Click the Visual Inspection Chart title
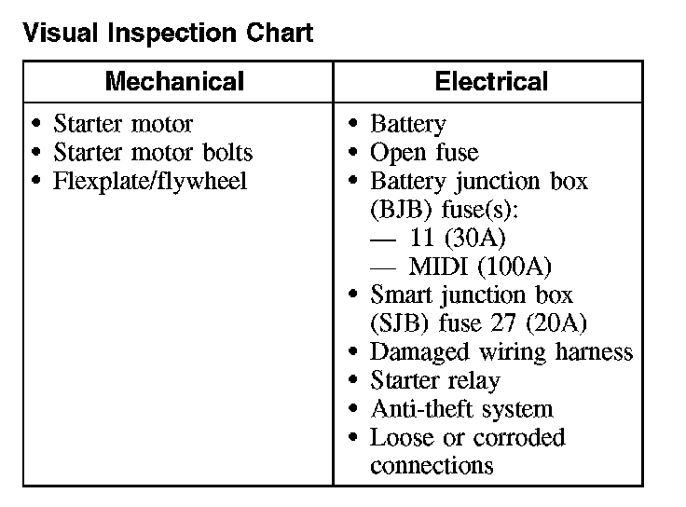(x=168, y=33)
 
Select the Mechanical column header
(x=174, y=81)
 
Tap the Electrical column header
(x=491, y=81)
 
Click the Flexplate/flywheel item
(x=150, y=182)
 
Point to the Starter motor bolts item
(x=153, y=152)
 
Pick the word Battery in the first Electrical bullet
(x=408, y=124)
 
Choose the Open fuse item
(x=424, y=153)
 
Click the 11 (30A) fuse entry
(x=458, y=238)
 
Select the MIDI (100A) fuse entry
(x=480, y=267)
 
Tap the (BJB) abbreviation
(x=401, y=210)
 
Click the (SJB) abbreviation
(x=399, y=323)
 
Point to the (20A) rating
(x=556, y=323)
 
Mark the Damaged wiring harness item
(x=501, y=352)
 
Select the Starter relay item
(x=435, y=380)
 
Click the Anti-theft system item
(x=462, y=409)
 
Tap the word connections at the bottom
(x=432, y=465)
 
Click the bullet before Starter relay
(x=353, y=379)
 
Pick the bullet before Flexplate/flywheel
(x=36, y=180)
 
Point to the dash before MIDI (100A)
(x=383, y=267)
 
